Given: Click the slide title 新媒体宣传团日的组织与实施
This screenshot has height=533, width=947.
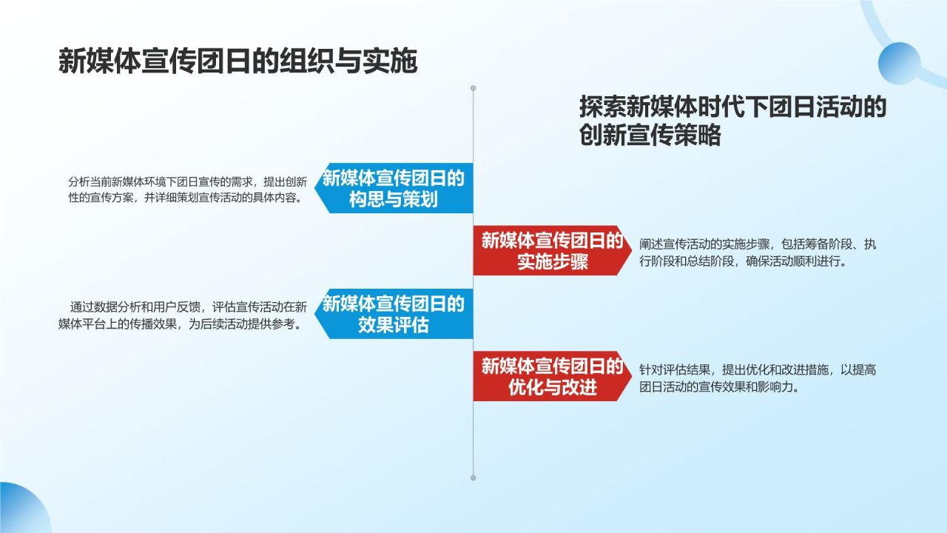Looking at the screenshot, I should [237, 61].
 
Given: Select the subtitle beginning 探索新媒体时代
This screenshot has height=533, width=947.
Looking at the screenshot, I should [732, 121].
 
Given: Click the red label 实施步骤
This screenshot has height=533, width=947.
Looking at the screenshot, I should [552, 251].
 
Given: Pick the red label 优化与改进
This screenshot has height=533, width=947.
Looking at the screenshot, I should [552, 377].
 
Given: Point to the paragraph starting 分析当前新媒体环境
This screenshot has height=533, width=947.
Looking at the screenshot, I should [187, 190].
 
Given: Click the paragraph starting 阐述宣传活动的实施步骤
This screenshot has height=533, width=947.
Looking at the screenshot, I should [758, 252].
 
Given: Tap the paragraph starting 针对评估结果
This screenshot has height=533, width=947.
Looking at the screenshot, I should [758, 378].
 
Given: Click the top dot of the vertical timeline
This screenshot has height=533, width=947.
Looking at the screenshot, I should [473, 88].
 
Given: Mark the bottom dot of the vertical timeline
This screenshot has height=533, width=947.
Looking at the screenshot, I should [473, 477].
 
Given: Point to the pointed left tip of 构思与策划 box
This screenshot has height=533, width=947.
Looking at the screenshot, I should [317, 189].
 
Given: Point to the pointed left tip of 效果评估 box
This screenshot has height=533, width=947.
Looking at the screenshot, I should [317, 314].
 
